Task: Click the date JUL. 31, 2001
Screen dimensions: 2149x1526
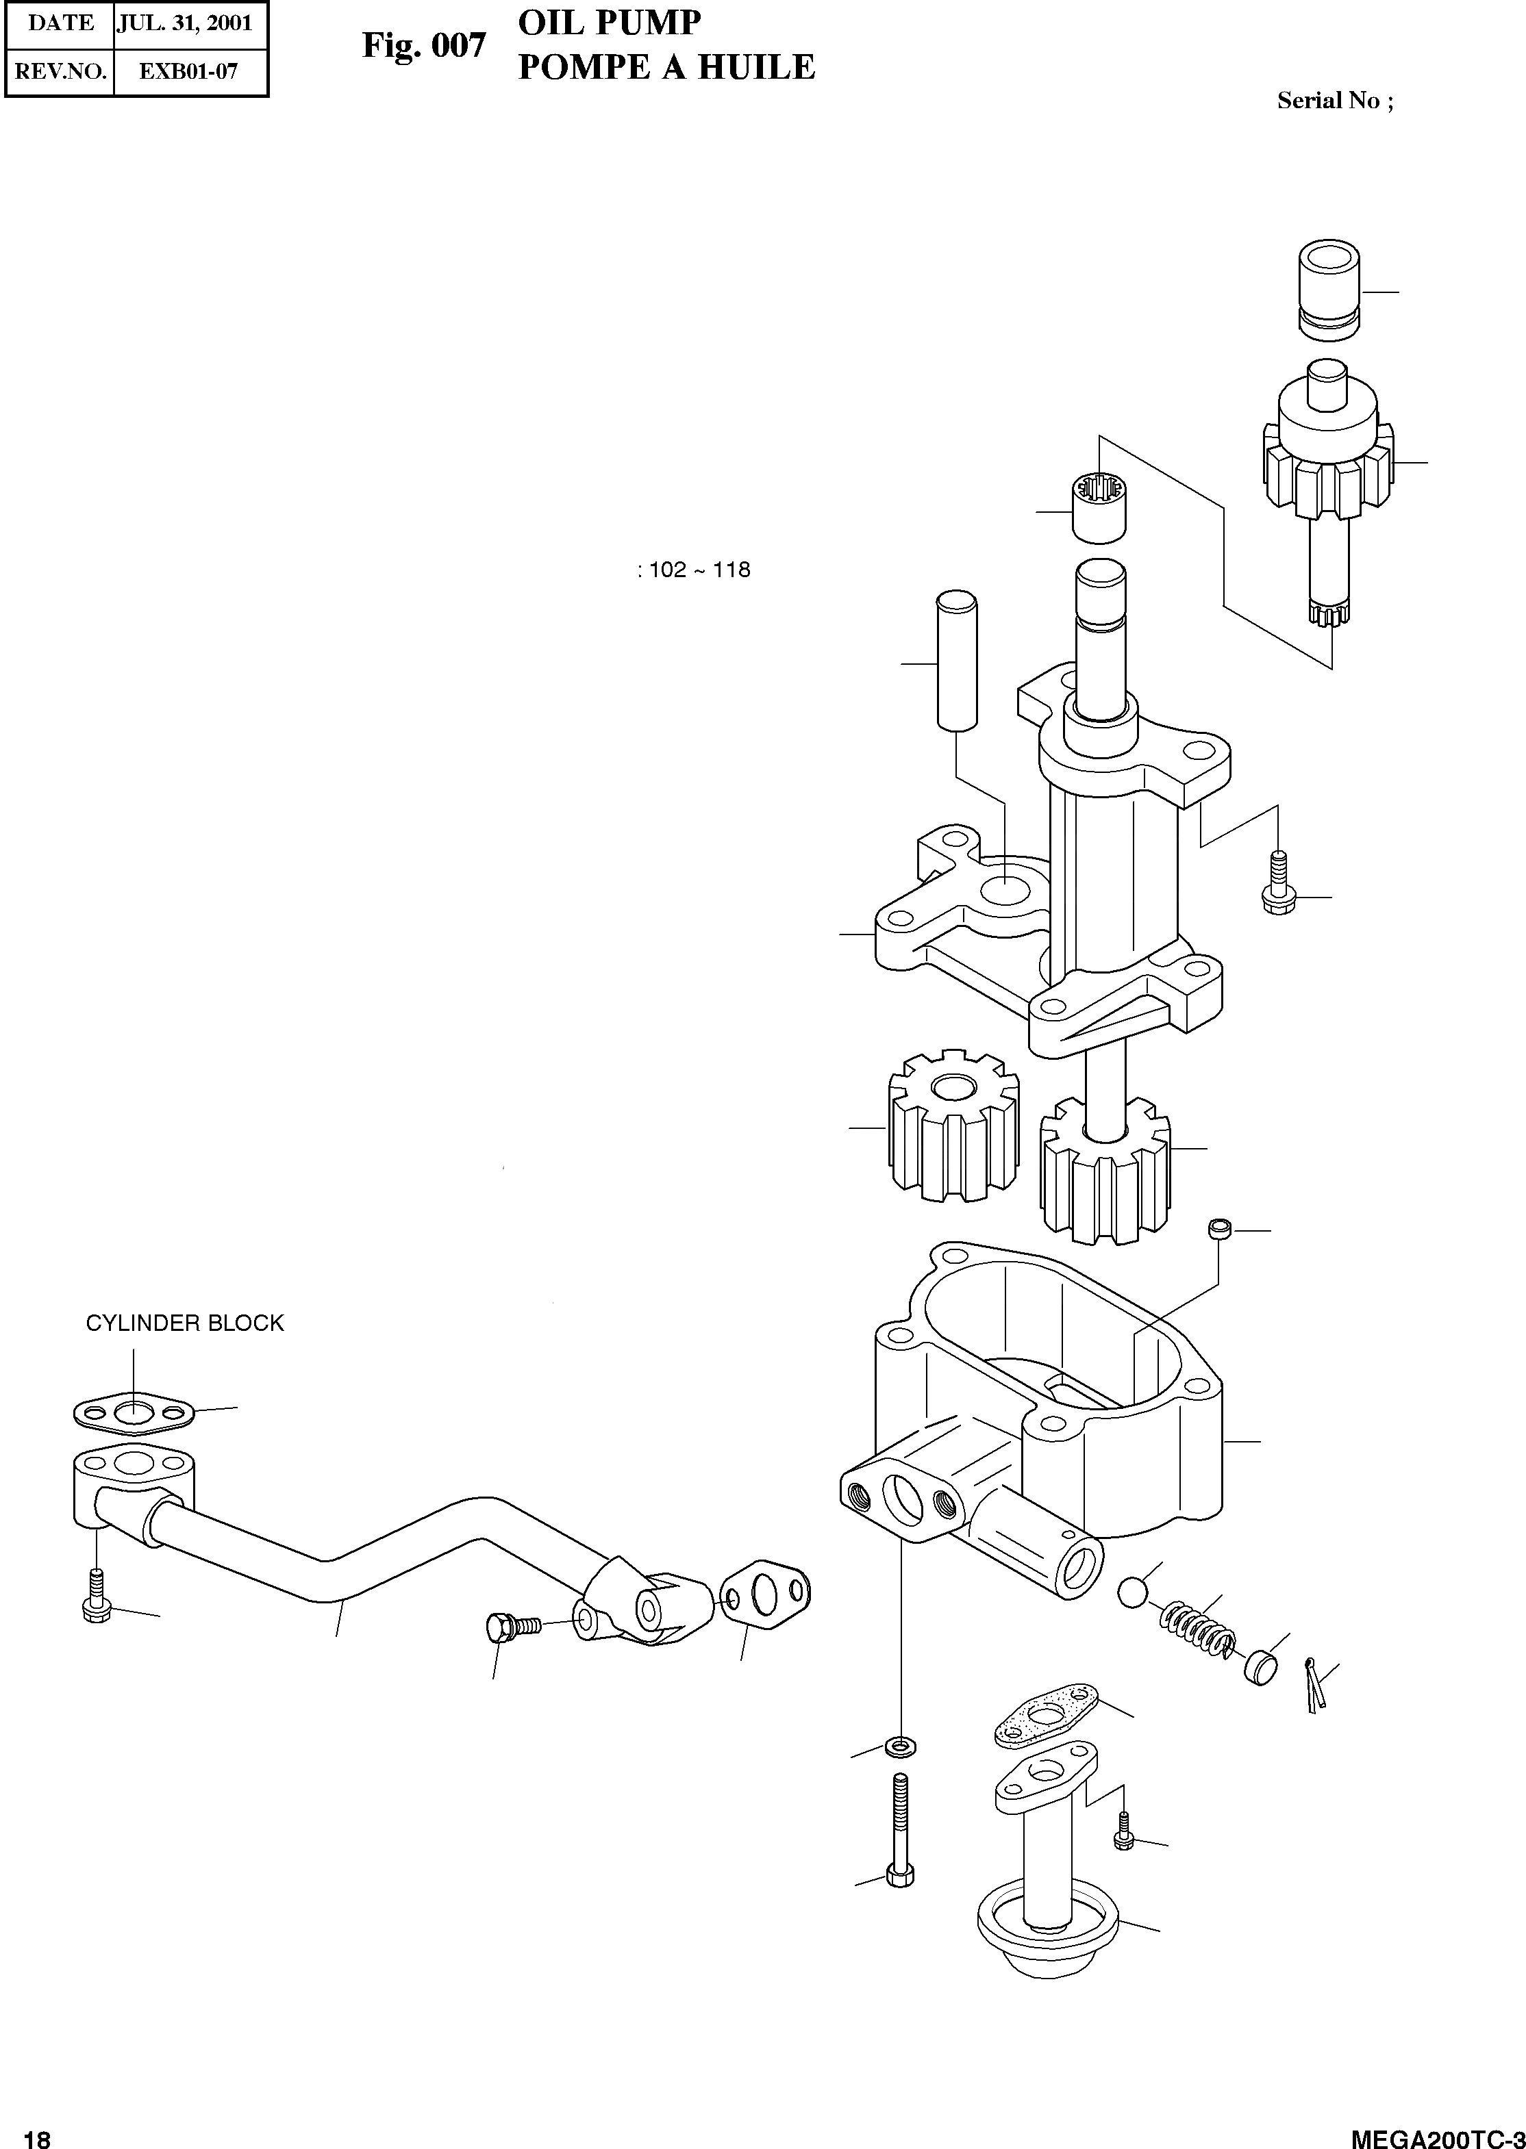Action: [x=184, y=23]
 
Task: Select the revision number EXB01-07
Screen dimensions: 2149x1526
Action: [x=189, y=71]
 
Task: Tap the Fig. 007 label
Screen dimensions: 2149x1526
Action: [x=424, y=45]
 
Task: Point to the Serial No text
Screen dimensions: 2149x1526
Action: [x=1334, y=101]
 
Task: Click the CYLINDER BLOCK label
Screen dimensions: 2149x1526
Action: [x=184, y=1323]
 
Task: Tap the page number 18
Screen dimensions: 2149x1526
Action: [x=37, y=2133]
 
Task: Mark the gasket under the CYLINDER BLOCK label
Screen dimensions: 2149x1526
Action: [x=134, y=1412]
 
